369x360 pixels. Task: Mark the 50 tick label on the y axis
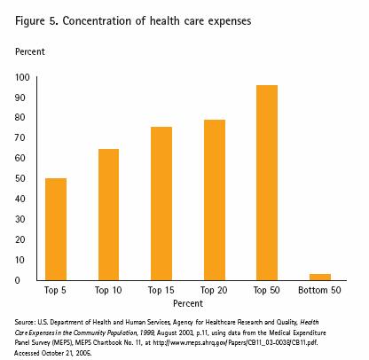pos(22,179)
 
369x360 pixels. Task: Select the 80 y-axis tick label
pos(22,118)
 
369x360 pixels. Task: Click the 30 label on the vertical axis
pos(22,219)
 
